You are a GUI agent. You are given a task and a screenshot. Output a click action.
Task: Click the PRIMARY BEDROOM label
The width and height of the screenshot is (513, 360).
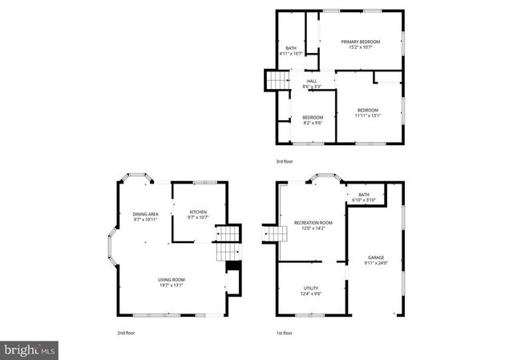click(360, 42)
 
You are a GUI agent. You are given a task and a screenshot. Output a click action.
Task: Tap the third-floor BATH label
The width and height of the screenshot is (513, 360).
click(291, 48)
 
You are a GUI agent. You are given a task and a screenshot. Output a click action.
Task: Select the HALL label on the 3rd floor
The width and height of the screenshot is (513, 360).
click(312, 80)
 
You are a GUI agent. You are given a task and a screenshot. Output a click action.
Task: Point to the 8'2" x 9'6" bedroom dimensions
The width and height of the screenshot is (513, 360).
click(312, 123)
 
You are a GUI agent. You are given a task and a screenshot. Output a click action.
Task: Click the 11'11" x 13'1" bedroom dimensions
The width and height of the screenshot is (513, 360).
click(368, 115)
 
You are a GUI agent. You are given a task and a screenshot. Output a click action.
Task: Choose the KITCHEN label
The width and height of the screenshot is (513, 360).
click(198, 212)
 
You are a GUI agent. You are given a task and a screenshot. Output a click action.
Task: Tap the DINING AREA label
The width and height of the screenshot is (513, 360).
click(145, 214)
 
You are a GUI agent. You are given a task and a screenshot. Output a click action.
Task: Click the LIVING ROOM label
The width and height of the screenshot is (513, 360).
click(171, 279)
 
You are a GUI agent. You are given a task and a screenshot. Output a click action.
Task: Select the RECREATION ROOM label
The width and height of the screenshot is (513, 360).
click(313, 222)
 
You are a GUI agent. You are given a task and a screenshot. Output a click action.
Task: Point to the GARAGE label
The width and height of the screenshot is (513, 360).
click(376, 257)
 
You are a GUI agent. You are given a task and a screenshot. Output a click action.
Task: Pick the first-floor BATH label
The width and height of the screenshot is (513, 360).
click(364, 194)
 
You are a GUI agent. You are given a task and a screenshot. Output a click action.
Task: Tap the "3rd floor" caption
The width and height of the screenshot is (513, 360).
click(285, 161)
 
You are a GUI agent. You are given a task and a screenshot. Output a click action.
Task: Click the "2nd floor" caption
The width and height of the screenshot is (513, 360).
click(126, 332)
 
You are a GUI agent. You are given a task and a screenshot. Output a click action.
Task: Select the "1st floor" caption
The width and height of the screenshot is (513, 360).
click(285, 332)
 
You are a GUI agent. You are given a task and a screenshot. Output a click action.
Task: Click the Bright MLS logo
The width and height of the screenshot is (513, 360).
click(30, 350)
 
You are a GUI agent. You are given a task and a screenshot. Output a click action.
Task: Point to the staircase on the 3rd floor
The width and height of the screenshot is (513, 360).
click(277, 81)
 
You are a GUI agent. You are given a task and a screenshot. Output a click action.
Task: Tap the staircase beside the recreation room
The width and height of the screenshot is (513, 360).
click(275, 233)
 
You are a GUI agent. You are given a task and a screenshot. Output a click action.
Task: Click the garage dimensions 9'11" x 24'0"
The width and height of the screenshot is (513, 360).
click(376, 263)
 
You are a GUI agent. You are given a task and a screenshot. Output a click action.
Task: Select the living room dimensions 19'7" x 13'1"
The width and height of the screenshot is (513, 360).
click(171, 285)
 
